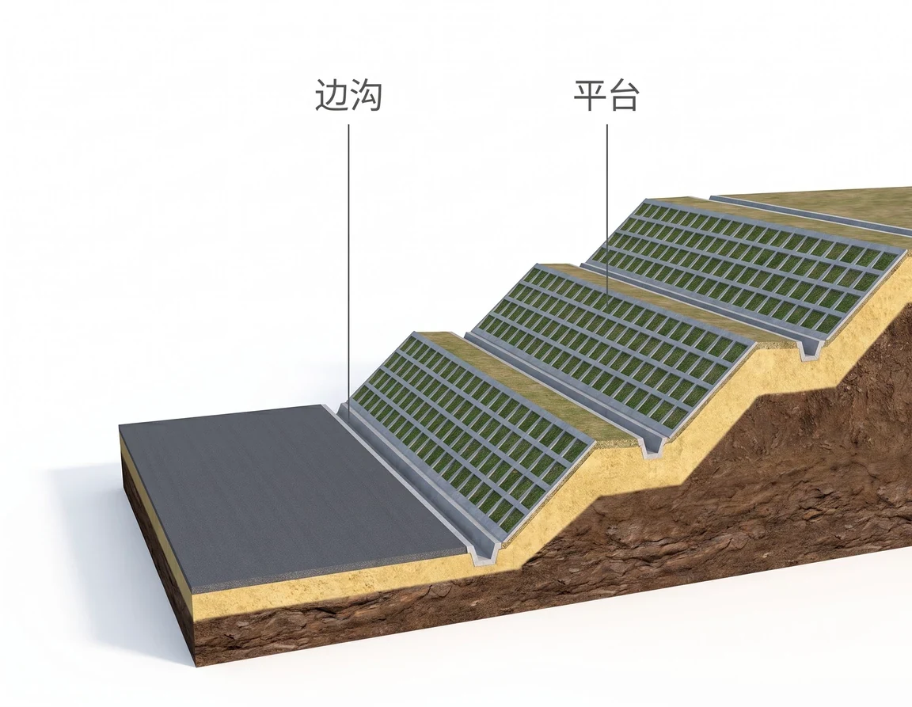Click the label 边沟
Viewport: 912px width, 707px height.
click(348, 96)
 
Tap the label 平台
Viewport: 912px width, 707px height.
click(606, 96)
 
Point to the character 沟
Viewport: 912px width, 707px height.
click(366, 96)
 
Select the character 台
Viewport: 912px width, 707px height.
click(624, 96)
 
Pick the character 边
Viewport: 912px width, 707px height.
click(332, 96)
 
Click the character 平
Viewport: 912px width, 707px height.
click(591, 96)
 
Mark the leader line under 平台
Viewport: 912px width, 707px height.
click(607, 215)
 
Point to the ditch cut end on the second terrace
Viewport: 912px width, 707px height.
click(809, 348)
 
